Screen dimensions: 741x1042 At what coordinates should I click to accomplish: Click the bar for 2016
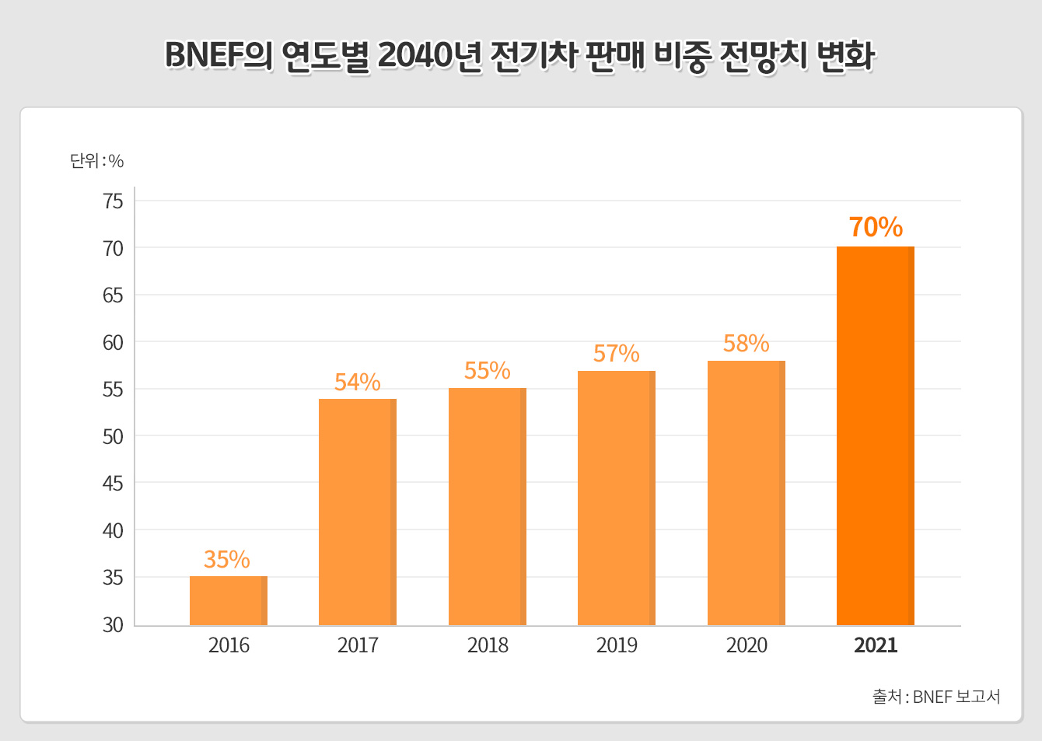229,600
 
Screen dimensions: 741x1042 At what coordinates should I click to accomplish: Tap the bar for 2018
488,506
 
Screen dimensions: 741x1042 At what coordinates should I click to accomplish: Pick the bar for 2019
617,498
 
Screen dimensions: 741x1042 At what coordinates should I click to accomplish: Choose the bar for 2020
747,492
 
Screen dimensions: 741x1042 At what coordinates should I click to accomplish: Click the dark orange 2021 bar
876,435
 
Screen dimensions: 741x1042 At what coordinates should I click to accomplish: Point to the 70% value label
876,227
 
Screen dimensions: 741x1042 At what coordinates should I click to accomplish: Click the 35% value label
227,559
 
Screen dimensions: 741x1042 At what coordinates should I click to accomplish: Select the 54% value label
358,382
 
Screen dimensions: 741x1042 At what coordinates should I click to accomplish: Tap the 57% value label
617,354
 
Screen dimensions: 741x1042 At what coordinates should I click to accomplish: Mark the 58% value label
747,343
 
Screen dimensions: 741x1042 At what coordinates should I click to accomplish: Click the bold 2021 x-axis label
876,645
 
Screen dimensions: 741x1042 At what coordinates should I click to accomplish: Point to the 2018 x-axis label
488,645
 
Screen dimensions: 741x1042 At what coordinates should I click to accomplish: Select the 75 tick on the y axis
114,201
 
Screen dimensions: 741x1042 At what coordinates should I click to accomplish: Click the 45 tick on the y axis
114,484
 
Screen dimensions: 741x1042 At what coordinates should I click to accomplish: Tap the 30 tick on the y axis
114,625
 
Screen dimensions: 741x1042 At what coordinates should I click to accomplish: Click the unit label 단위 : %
97,161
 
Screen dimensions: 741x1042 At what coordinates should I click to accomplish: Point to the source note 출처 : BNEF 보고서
936,697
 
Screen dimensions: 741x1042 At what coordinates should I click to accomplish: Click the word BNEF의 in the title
219,56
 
